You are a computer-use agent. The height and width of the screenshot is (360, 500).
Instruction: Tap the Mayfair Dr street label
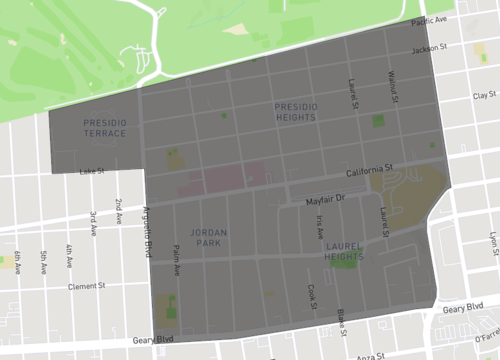pyautogui.click(x=325, y=201)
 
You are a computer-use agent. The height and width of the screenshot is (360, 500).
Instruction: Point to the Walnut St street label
pyautogui.click(x=395, y=87)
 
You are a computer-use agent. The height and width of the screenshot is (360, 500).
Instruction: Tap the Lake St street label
pyautogui.click(x=92, y=171)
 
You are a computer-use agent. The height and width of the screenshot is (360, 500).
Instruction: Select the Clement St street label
pyautogui.click(x=87, y=286)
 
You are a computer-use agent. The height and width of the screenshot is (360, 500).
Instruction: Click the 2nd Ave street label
pyautogui.click(x=118, y=210)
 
